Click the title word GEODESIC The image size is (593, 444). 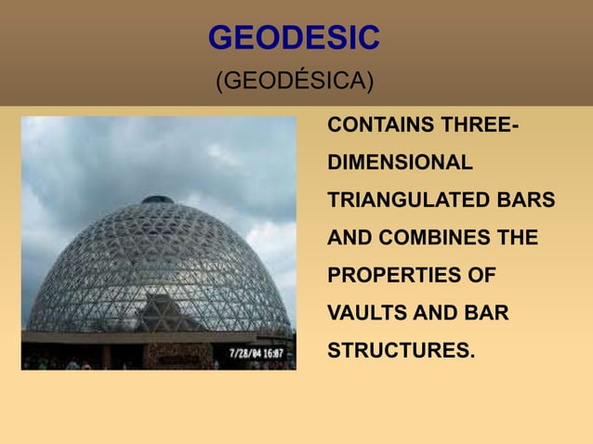[294, 38]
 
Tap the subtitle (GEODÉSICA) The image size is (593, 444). [295, 82]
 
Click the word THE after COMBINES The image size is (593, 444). [518, 239]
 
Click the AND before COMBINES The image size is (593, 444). [349, 239]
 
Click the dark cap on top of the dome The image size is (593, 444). [157, 199]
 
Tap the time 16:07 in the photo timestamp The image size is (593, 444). [279, 354]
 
